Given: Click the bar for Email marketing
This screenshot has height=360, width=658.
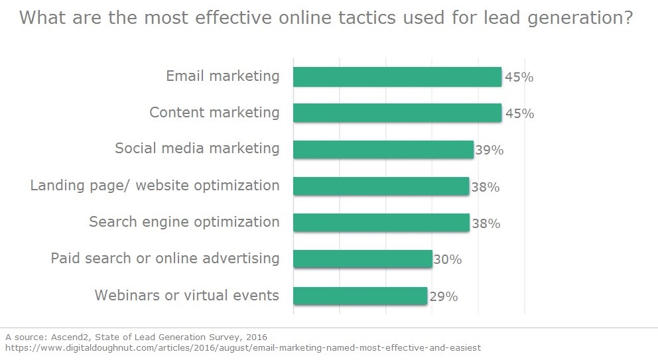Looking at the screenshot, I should click(x=397, y=77).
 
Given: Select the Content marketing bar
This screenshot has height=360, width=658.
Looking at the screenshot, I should click(x=397, y=113).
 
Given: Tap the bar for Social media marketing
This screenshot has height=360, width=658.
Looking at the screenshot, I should click(x=383, y=149).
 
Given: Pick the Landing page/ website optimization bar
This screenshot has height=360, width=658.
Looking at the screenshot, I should click(x=381, y=186).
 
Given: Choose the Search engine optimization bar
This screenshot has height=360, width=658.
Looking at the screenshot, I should click(x=381, y=222).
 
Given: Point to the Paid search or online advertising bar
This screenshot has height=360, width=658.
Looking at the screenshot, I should click(x=362, y=259).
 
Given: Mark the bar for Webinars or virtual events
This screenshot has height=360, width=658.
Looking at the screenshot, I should click(x=360, y=295).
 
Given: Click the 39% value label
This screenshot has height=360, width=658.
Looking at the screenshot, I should click(x=490, y=150).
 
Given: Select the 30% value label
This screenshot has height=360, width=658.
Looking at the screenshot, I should click(x=448, y=260).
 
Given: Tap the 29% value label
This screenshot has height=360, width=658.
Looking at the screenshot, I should click(x=443, y=296).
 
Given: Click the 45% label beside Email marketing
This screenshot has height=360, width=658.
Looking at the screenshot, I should click(x=519, y=78).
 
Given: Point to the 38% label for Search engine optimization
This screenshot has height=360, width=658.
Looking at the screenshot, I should click(x=486, y=223).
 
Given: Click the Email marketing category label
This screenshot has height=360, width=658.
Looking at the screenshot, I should click(x=223, y=76).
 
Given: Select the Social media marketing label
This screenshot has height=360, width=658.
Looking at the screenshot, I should click(x=197, y=149).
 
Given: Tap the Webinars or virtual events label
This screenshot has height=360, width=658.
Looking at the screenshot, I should click(x=187, y=295).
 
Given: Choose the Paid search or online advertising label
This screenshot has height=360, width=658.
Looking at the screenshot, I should click(x=165, y=258).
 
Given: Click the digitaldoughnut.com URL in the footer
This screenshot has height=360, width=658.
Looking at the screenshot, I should click(x=243, y=347).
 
